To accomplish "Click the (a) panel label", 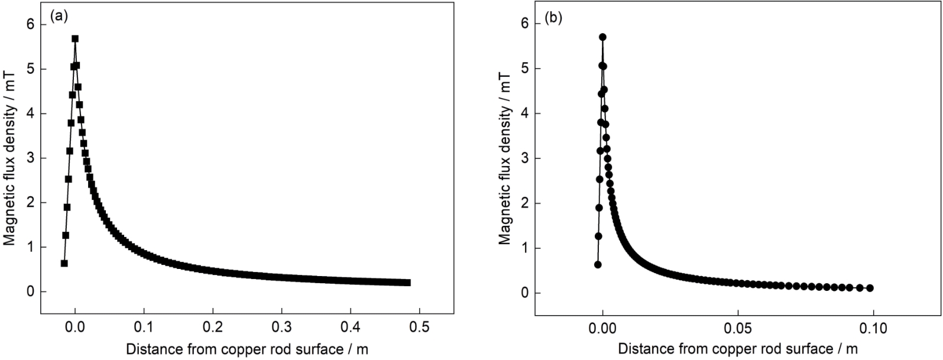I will [x=58, y=17].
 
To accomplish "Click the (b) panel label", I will [x=553, y=18].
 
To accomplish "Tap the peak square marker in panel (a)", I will [x=75, y=39].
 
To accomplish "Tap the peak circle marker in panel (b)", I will [x=602, y=37].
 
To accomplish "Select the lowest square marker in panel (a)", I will [x=64, y=264].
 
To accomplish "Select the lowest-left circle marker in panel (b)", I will [x=598, y=264].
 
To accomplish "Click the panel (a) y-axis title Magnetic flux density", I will [x=10, y=158].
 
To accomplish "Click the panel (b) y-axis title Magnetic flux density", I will [x=504, y=158].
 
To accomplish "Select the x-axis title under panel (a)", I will [x=247, y=349].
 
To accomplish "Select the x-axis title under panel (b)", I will [x=738, y=349].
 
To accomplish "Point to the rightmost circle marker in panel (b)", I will [x=870, y=288].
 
